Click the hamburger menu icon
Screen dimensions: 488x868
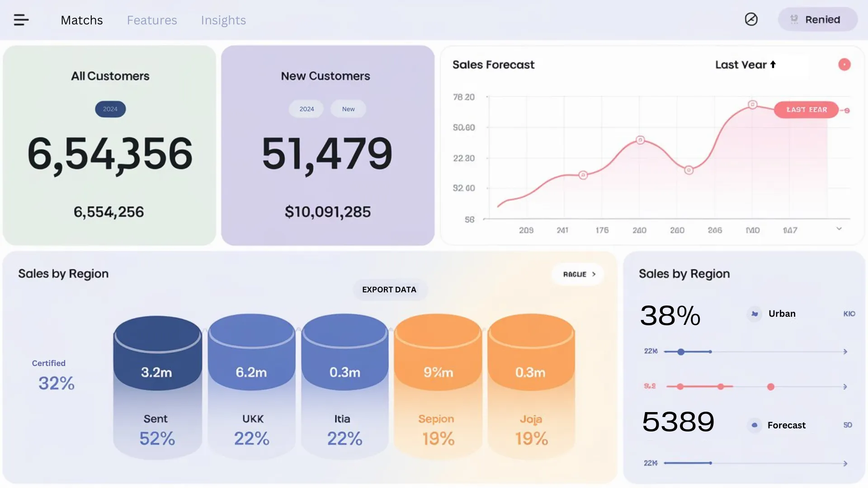(21, 20)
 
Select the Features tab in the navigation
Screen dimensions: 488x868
(152, 20)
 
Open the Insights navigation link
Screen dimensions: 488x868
(223, 20)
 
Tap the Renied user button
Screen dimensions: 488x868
(817, 19)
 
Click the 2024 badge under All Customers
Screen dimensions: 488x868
(110, 109)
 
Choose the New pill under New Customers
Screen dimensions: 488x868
(348, 109)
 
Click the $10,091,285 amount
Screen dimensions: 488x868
(328, 212)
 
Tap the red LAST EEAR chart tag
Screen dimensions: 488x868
(807, 110)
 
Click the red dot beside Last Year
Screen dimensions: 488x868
(844, 65)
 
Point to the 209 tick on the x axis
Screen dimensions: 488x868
(526, 230)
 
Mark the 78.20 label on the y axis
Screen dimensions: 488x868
(464, 97)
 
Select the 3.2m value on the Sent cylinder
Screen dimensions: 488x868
(156, 372)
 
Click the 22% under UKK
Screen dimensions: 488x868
(252, 438)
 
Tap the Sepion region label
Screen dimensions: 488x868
(436, 419)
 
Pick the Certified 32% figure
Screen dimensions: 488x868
(57, 383)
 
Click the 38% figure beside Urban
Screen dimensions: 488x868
(670, 315)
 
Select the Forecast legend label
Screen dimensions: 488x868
(786, 425)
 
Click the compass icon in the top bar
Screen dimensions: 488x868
(751, 19)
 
